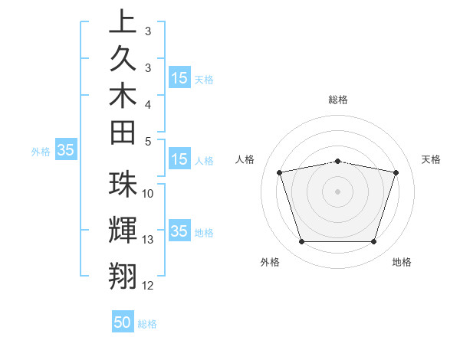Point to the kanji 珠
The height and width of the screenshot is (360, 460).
point(123,185)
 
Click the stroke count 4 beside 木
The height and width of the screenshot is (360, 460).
point(147,103)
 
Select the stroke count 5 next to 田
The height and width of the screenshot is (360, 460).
point(147,141)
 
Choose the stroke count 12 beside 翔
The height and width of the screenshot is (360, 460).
point(148,286)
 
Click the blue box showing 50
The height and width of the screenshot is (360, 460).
point(123,322)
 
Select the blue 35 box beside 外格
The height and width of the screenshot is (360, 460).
point(65,151)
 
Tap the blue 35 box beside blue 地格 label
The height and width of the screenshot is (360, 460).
point(179,231)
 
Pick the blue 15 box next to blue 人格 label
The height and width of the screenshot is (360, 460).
point(179,160)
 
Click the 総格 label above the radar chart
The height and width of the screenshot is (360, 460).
point(338,100)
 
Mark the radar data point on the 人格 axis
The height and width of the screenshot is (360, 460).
point(280,172)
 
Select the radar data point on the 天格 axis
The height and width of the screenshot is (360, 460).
point(396,172)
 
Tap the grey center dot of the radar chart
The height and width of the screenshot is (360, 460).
point(338,191)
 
